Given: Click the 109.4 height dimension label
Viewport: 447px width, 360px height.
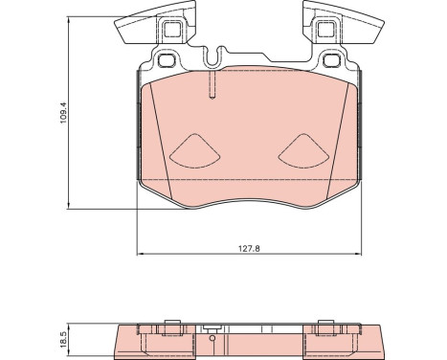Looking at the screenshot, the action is (x=64, y=113).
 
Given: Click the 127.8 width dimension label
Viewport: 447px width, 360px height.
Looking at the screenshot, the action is (x=250, y=248).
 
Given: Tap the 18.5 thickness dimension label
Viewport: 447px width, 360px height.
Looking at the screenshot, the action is (x=63, y=339).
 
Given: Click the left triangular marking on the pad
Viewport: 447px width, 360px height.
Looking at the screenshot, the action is (x=195, y=151).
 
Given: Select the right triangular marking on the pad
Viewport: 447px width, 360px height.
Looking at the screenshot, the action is (x=303, y=151).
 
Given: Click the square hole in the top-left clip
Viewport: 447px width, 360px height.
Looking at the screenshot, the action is (x=172, y=30).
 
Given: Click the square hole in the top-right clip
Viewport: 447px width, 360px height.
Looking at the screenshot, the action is (x=326, y=30).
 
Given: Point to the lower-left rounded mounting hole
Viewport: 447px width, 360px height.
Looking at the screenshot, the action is (x=167, y=60).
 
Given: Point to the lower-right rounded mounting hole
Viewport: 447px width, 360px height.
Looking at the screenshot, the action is (x=332, y=60).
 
